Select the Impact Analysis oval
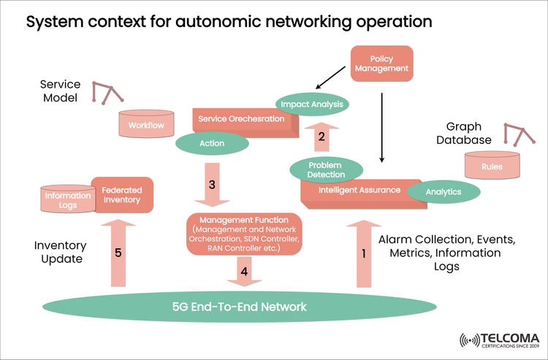(311, 104)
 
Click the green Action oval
(211, 143)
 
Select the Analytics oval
(444, 192)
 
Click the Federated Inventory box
(123, 195)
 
